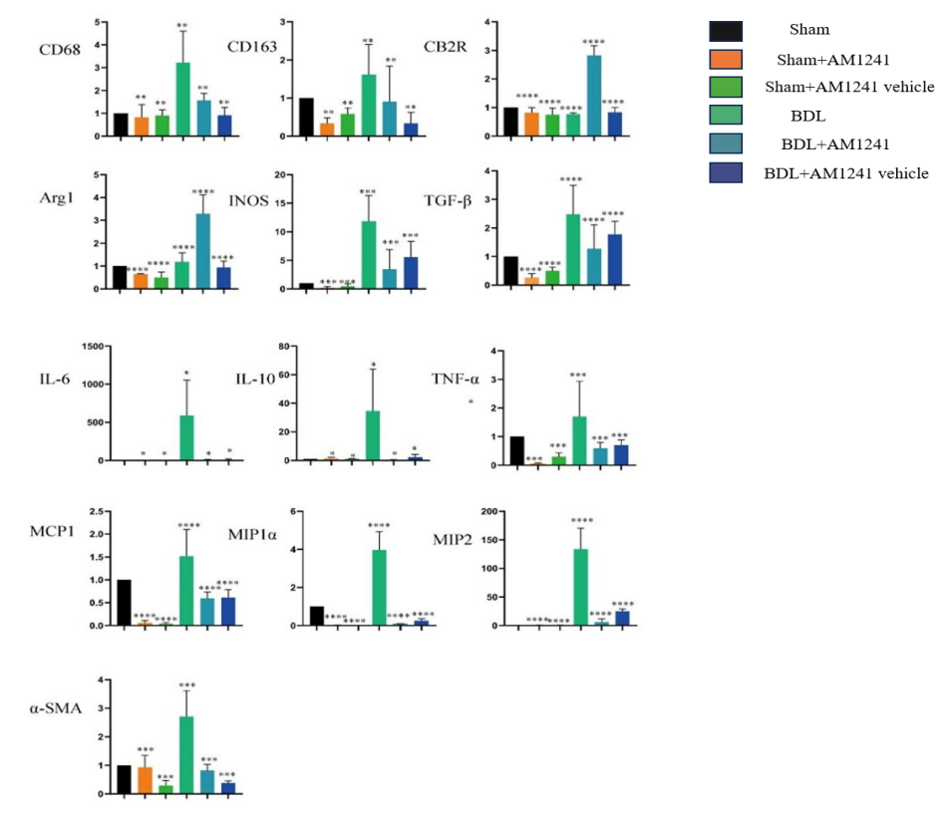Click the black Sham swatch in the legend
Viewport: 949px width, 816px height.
coord(725,30)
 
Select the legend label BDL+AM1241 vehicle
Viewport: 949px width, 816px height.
coord(845,173)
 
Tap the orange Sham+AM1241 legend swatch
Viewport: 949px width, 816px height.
coord(725,59)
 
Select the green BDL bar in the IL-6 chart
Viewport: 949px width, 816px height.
coord(185,437)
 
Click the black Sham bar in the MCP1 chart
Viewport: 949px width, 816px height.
coord(125,602)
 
